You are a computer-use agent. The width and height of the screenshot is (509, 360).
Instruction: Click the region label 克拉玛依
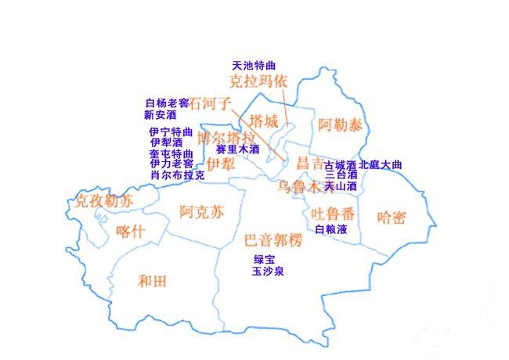click(258, 81)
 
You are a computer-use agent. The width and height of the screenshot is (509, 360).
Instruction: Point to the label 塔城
click(264, 121)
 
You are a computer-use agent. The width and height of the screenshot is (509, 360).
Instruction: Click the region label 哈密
click(392, 217)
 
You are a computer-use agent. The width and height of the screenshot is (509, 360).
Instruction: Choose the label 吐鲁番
click(333, 213)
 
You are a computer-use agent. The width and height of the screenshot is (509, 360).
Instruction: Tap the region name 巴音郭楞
click(273, 239)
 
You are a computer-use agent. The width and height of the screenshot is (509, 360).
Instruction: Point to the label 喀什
click(130, 231)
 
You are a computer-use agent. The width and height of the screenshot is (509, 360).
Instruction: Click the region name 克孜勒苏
click(103, 201)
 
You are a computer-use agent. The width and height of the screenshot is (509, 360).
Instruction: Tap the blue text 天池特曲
click(254, 65)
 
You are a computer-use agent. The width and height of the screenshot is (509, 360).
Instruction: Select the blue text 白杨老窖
click(167, 103)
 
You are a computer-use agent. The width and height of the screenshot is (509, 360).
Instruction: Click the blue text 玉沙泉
click(268, 272)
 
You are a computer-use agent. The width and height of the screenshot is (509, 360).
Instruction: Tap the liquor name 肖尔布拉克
click(177, 175)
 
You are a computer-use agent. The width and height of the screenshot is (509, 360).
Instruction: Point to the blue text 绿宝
click(265, 259)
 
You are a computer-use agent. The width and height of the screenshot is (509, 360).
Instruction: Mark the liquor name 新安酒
click(161, 114)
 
